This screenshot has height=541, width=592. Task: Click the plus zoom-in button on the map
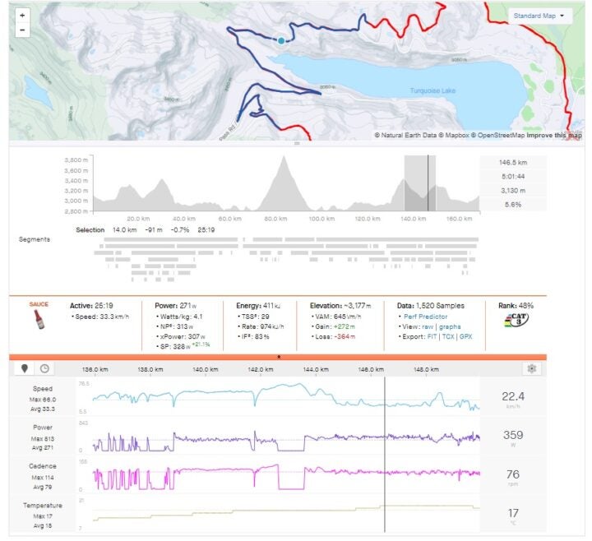coord(21,16)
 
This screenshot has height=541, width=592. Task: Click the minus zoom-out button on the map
coord(21,30)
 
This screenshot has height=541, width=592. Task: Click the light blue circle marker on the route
coord(281,39)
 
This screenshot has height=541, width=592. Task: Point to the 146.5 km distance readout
coord(511,163)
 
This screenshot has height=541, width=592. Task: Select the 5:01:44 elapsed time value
coord(511,176)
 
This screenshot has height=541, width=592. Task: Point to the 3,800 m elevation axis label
coord(76,160)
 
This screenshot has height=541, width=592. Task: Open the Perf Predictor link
coord(420,316)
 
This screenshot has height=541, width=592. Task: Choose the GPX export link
coord(466,337)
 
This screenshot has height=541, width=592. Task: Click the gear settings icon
coord(533,368)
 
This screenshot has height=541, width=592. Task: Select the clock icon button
coord(44,369)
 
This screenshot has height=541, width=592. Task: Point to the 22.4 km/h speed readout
coord(512,397)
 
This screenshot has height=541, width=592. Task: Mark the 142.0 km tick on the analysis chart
coord(266,370)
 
